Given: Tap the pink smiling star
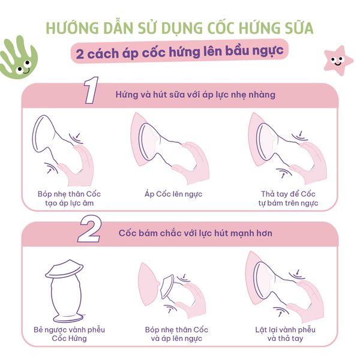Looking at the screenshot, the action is click(x=338, y=61).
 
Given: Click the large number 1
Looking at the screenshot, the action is click(x=91, y=90).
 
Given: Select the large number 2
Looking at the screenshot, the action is click(x=89, y=229).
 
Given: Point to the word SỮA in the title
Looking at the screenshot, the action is click(x=299, y=28).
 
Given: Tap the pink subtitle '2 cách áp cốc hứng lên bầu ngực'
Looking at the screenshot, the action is click(x=179, y=52).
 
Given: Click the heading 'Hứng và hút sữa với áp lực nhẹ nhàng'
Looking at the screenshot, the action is click(x=196, y=95).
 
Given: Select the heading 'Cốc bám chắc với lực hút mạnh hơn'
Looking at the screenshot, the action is click(x=196, y=233).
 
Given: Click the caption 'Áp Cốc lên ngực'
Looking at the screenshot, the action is click(x=173, y=194).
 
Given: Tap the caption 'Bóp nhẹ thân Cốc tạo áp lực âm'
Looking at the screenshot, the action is click(x=69, y=199).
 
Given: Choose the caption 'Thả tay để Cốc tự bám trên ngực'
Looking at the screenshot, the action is click(x=288, y=199).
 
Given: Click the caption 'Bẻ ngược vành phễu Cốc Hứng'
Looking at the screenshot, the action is click(x=69, y=334).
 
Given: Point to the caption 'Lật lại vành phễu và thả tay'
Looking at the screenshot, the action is click(x=285, y=334).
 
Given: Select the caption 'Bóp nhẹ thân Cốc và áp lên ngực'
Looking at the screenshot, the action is click(x=176, y=334).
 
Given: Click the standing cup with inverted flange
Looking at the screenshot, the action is click(x=65, y=291).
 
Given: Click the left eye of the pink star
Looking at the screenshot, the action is click(x=333, y=59).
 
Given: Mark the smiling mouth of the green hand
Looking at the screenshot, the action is click(x=26, y=71).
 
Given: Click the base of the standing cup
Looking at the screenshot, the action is click(x=68, y=318).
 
